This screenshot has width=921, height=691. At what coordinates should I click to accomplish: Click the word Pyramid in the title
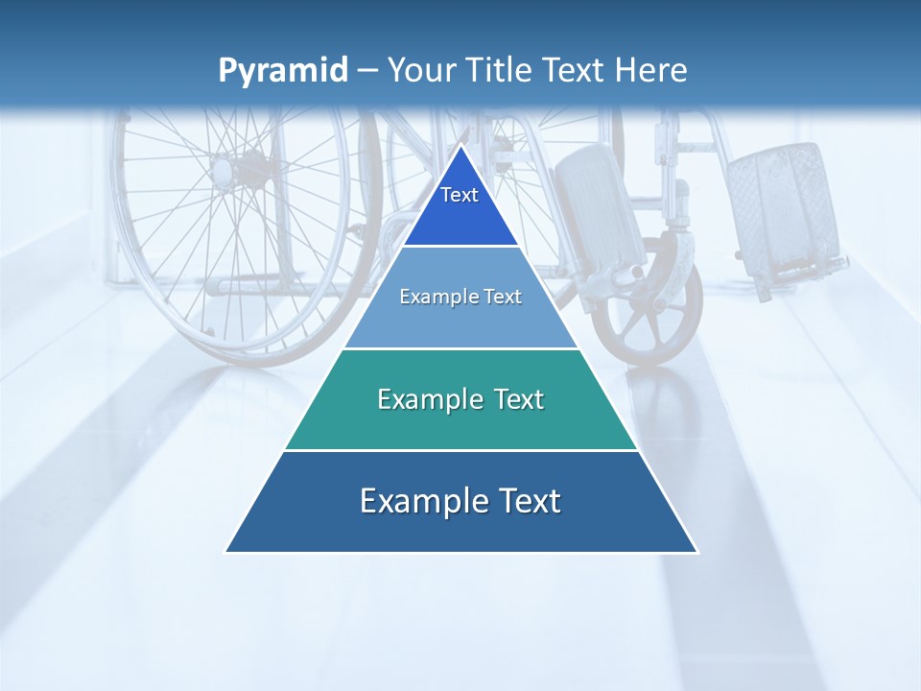pyautogui.click(x=283, y=71)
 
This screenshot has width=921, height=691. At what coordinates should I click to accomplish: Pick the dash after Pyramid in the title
pyautogui.click(x=366, y=72)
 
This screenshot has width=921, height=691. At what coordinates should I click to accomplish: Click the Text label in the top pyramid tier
pyautogui.click(x=460, y=195)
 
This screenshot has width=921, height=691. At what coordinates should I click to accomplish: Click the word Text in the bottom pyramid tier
pyautogui.click(x=526, y=501)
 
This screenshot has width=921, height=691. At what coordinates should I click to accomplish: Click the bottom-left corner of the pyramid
pyautogui.click(x=226, y=551)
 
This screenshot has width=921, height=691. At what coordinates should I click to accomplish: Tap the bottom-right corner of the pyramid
pyautogui.click(x=697, y=551)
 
